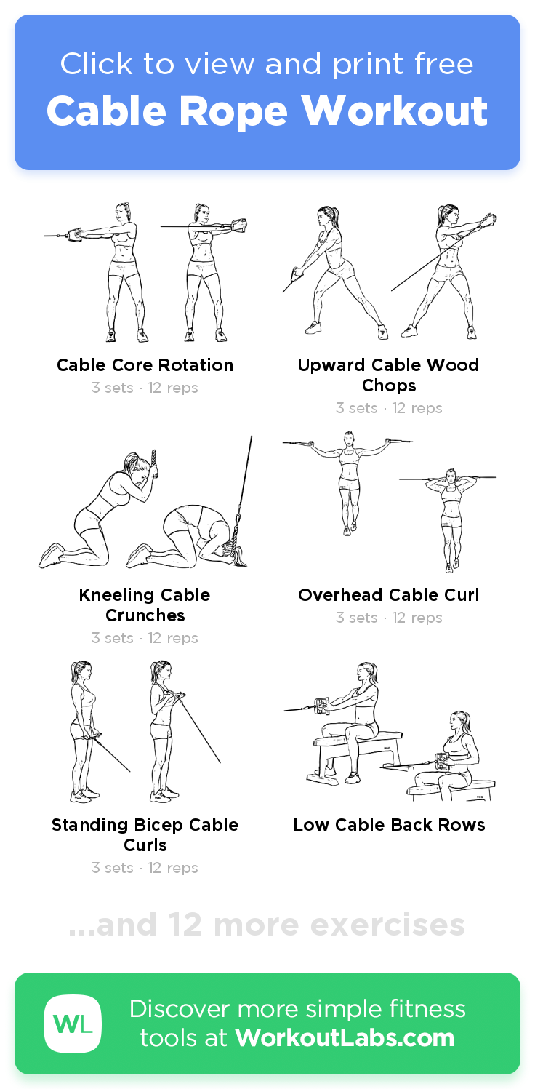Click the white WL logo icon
pos(73,1024)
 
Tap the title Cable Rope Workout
pos(267,111)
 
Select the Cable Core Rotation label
pos(145,365)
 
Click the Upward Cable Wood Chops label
pos(389,375)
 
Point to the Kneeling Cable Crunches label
pos(145,605)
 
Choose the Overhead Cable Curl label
pos(389,595)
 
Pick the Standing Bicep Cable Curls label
pos(145,834)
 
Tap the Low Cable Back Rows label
pos(389,825)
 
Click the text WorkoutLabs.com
pos(345,1038)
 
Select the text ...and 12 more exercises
pos(267,925)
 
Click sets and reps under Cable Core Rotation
pos(145,388)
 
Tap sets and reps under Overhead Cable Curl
pos(389,618)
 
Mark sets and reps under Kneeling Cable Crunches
pos(145,638)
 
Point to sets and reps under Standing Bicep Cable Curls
pos(145,868)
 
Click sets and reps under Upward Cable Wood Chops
pos(389,408)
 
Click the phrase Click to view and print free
pos(267,65)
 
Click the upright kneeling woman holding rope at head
pos(109,509)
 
